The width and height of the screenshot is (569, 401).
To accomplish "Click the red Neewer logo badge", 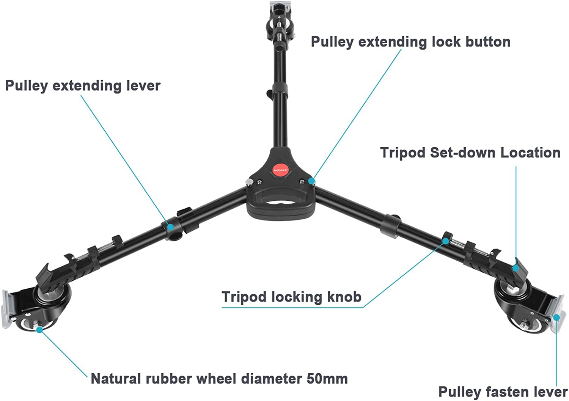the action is tap(280, 170).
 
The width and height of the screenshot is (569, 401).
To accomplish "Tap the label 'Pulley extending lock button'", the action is tap(411, 42).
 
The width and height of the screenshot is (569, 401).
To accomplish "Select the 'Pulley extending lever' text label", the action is tap(83, 86).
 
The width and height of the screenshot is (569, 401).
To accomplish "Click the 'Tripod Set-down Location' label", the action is tap(470, 153).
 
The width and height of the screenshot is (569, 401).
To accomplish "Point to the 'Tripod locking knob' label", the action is tap(291, 297).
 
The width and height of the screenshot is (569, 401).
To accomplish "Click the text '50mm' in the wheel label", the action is tap(327, 379).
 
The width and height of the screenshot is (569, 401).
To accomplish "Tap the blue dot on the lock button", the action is tap(311, 181).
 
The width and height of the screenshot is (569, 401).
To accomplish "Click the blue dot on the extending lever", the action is tap(170, 226).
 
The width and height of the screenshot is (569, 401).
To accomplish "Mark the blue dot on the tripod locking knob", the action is tap(446, 241).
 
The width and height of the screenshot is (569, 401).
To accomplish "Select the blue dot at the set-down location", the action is tap(516, 268).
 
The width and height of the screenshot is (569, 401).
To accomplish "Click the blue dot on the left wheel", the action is tap(39, 330).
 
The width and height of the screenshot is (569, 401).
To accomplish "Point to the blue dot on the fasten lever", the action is tap(556, 318).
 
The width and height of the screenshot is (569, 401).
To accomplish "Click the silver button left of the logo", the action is tap(249, 182).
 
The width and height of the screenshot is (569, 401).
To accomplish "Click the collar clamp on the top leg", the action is tap(280, 90).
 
